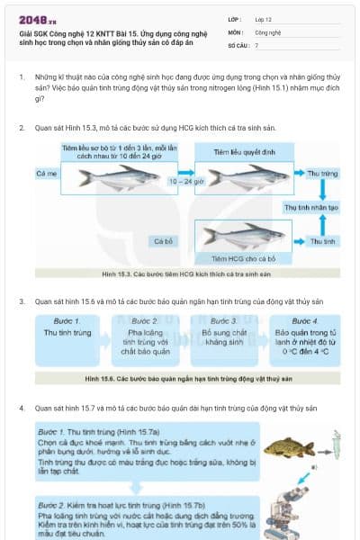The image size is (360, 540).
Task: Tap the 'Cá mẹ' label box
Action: pyautogui.click(x=47, y=172)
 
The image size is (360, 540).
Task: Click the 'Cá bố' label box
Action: pyautogui.click(x=163, y=241)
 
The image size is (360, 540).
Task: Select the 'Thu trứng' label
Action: pyautogui.click(x=321, y=172)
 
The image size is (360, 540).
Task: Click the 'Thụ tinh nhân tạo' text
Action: pyautogui.click(x=310, y=207)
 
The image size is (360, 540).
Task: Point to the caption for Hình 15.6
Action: pyautogui.click(x=184, y=379)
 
